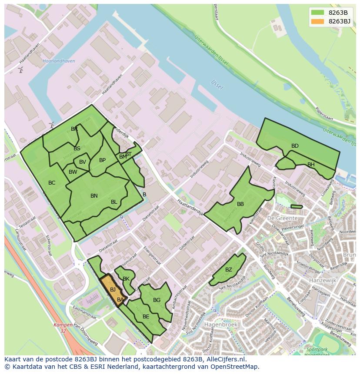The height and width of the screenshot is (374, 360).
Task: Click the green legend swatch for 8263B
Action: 318,13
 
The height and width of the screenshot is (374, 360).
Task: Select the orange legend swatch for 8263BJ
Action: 318,21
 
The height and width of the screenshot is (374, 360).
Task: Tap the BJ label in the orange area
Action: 113,290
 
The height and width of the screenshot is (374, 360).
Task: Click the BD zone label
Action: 295,146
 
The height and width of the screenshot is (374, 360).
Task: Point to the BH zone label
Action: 311,165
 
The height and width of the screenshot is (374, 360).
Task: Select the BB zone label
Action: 240,204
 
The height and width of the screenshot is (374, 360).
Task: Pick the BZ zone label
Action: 229,270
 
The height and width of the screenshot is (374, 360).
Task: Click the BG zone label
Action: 157,300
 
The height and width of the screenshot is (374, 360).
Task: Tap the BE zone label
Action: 146,317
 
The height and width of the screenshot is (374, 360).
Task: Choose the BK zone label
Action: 126,279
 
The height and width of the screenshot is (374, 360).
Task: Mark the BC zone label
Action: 52,183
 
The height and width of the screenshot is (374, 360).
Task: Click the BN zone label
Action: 94,196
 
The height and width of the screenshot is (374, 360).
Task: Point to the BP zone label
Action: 102,160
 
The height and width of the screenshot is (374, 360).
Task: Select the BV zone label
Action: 83,162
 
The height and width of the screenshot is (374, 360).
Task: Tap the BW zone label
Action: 73,172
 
